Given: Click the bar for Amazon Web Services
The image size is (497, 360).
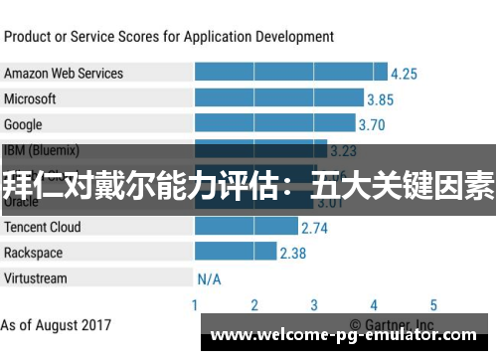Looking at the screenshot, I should (290, 73).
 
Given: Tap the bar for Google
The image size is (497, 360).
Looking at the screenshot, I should (274, 124).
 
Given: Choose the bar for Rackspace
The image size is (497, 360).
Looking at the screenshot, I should (235, 253).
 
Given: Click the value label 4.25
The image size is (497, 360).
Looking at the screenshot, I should (404, 74).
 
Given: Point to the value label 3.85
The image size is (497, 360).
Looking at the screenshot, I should (380, 99).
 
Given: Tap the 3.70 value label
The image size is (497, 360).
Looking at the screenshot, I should (371, 125).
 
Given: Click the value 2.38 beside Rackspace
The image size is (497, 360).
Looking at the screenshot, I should (292, 254).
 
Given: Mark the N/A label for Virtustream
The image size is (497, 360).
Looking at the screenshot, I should (209, 279).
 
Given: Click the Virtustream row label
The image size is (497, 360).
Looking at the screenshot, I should (36, 278).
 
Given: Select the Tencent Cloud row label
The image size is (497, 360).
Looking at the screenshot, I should (43, 227).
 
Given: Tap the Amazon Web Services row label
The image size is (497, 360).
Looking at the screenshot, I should (64, 74).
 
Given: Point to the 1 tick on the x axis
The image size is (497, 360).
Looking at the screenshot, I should (195, 305).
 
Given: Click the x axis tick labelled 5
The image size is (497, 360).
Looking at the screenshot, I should (433, 305).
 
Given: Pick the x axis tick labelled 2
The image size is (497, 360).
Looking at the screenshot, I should (254, 305).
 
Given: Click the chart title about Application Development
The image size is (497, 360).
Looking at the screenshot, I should (169, 37).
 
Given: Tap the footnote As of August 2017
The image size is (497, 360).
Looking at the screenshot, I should (56, 325).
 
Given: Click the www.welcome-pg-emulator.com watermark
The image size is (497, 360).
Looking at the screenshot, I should (344, 336).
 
